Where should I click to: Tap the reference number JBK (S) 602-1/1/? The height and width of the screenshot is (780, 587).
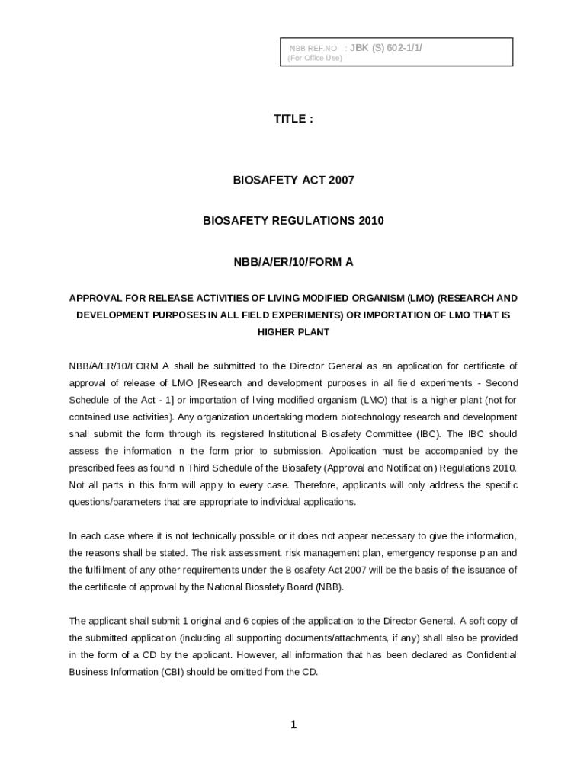click(386, 48)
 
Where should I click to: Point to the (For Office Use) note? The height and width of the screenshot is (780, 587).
click(315, 58)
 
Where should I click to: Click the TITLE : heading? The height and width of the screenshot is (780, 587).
click(293, 119)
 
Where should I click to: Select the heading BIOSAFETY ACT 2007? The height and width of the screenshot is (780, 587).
click(293, 181)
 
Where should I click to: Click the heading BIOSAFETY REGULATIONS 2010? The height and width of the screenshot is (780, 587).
click(293, 221)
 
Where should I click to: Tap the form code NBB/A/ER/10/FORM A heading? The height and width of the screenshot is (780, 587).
click(293, 262)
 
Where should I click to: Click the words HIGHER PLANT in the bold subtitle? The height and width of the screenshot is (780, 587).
click(293, 332)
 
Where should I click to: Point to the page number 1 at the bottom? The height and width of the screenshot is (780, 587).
click(293, 724)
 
